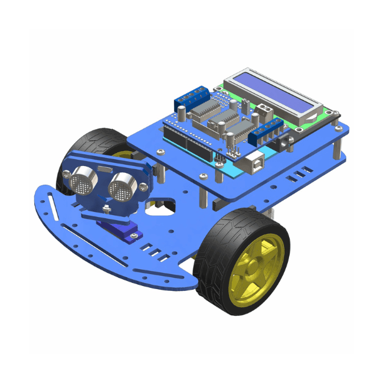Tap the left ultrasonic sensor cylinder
(x=83, y=180)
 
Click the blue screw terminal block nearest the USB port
(x=269, y=130)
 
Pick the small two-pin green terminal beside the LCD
(x=264, y=112)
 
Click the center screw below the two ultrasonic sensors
(x=107, y=208)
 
